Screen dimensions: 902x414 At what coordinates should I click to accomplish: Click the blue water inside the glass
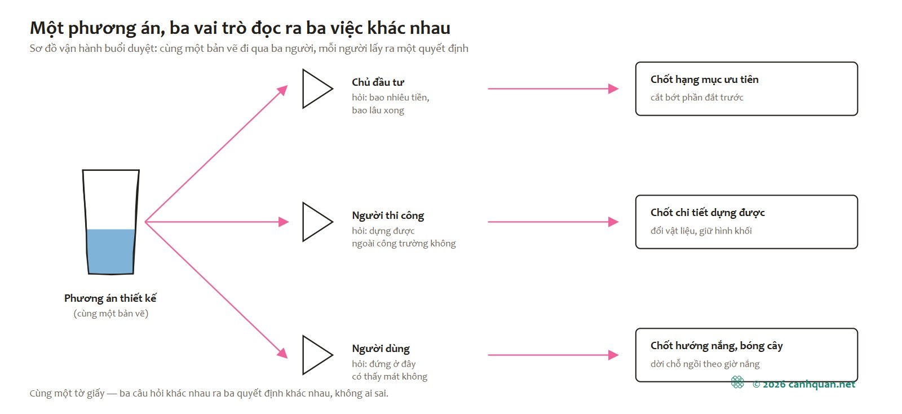(x=110, y=252)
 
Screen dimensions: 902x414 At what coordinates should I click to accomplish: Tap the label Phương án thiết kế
(x=110, y=298)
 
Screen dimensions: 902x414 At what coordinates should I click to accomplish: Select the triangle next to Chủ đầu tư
(x=318, y=89)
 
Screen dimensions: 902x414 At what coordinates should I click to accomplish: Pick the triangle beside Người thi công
(x=318, y=222)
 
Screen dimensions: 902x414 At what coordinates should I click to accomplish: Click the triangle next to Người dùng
(x=318, y=355)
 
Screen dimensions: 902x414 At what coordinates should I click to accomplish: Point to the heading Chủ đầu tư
(x=378, y=82)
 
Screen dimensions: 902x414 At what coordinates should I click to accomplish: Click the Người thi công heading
(x=388, y=215)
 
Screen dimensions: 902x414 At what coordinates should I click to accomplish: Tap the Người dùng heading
(x=381, y=349)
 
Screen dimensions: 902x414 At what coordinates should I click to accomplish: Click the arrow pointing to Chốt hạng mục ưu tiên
(x=553, y=89)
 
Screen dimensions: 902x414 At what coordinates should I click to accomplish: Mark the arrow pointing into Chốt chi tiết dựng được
(x=553, y=222)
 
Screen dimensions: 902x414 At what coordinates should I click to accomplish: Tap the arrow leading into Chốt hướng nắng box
(x=553, y=355)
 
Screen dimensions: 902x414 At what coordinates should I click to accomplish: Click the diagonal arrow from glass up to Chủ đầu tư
(x=216, y=153)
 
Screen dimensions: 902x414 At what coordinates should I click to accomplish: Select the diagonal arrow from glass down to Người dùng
(x=216, y=290)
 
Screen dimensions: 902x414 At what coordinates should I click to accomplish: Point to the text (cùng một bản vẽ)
(x=110, y=313)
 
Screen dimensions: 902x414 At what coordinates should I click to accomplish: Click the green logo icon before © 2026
(x=737, y=382)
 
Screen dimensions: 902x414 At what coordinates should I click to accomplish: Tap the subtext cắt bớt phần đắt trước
(x=697, y=98)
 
